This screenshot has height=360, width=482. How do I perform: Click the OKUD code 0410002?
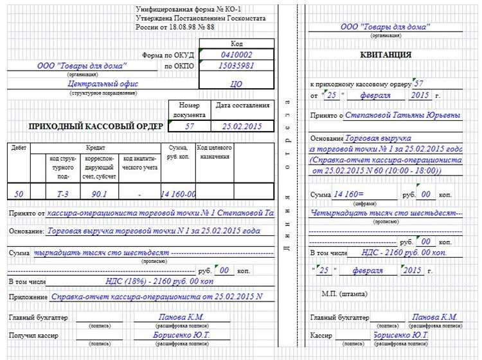(x=236, y=55)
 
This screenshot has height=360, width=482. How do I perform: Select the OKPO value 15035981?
(x=236, y=66)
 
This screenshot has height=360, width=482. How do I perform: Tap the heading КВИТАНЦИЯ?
(x=386, y=55)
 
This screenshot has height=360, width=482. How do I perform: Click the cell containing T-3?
(x=62, y=194)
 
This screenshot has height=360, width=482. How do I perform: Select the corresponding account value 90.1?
(x=99, y=194)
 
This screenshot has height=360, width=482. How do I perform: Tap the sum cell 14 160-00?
(x=178, y=194)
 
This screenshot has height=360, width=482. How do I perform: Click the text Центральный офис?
(x=103, y=84)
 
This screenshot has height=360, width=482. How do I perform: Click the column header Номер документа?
(x=189, y=109)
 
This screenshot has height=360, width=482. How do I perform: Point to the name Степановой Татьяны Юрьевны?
(x=402, y=115)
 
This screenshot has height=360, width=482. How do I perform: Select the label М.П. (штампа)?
(x=344, y=294)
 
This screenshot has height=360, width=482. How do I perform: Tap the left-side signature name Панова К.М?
(x=181, y=317)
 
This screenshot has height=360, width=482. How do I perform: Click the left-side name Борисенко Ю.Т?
(x=181, y=335)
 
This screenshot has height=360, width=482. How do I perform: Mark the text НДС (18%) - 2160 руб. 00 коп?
(x=159, y=282)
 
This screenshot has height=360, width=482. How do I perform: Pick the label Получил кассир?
(x=33, y=336)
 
